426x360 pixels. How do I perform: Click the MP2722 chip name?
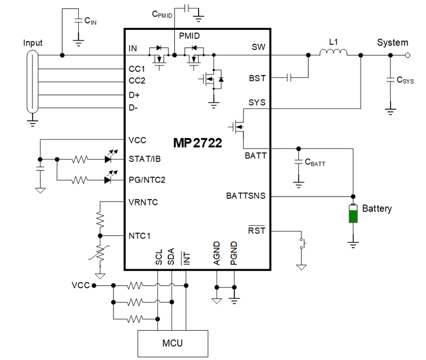[197, 143]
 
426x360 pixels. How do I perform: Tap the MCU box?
[172, 343]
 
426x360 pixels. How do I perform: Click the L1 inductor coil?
[333, 52]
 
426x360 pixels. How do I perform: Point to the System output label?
[392, 43]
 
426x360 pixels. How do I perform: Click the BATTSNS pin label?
[245, 196]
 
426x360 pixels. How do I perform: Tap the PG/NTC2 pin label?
[147, 180]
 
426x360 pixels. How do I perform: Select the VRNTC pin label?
[143, 202]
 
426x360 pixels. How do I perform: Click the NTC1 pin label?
[139, 235]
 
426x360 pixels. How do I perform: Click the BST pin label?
[257, 78]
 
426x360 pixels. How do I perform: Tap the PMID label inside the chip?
[190, 37]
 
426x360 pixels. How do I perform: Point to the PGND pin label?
[234, 258]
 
